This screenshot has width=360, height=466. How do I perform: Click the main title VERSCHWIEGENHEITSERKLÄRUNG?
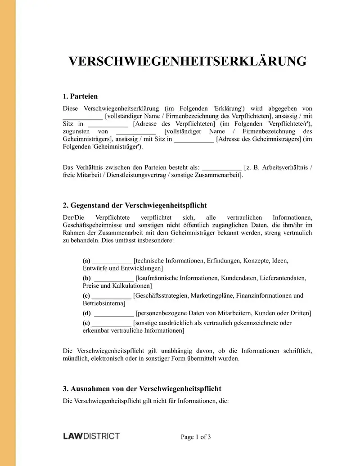coord(187,61)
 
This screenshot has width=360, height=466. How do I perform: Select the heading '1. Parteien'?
coord(81,96)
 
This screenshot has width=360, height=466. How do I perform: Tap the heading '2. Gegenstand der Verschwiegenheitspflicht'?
coord(135,205)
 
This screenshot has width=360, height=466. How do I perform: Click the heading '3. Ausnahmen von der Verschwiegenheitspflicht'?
coord(142,389)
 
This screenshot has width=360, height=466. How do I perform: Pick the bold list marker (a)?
coord(86,261)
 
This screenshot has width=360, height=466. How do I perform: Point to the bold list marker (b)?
coord(86,278)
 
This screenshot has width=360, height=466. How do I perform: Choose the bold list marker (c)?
coord(86,296)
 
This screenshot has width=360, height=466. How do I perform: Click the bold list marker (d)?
coord(87,313)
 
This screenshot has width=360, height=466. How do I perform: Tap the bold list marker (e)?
coord(86,323)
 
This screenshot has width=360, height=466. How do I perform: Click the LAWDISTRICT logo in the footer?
coord(91,436)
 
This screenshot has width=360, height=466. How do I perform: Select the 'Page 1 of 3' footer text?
coord(196,437)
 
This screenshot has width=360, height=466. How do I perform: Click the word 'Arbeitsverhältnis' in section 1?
coord(281,167)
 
